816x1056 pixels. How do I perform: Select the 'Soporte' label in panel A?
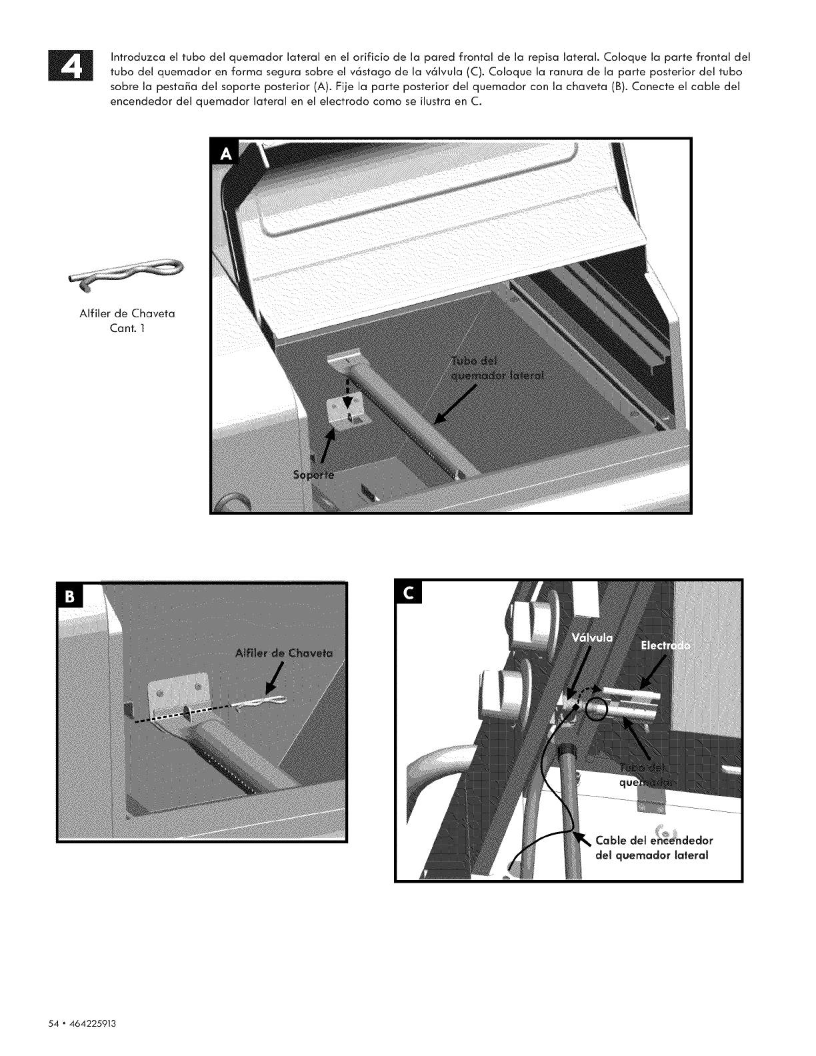315,475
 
